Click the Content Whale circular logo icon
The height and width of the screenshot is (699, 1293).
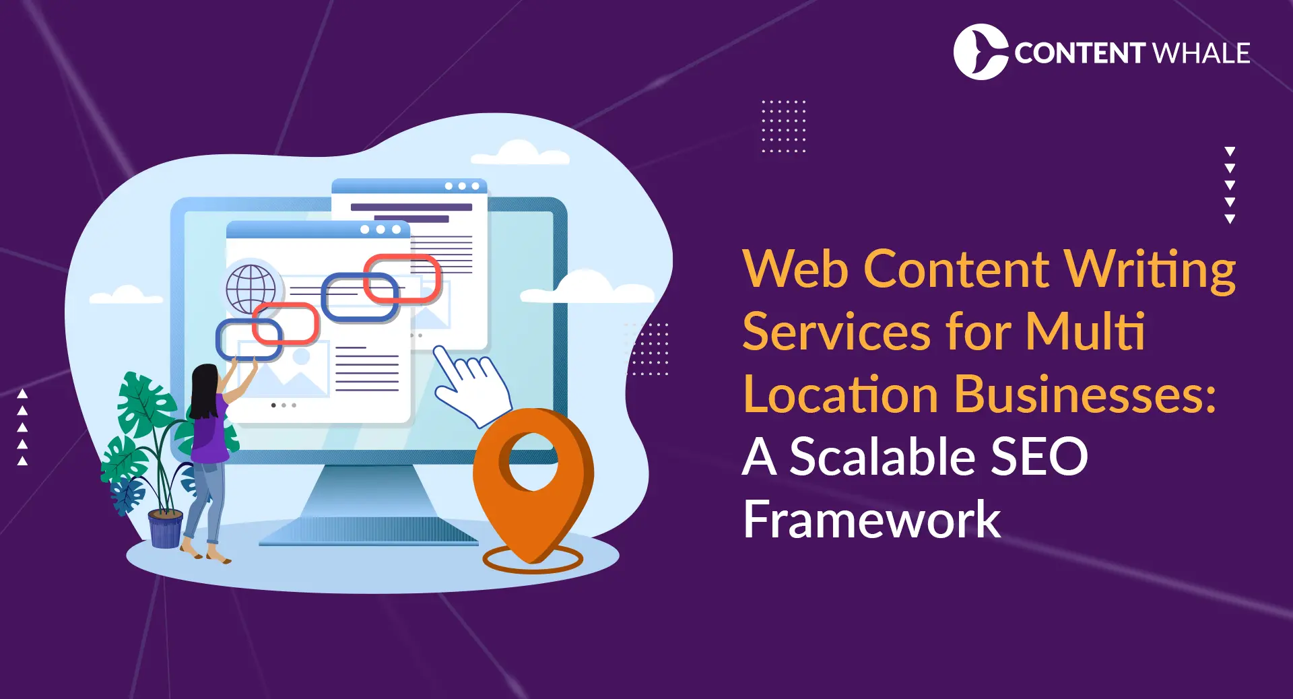pyautogui.click(x=980, y=52)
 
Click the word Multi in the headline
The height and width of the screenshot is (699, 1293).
pyautogui.click(x=1084, y=332)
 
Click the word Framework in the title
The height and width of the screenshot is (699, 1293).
pyautogui.click(x=871, y=519)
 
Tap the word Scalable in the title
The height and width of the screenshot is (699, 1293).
pyautogui.click(x=882, y=457)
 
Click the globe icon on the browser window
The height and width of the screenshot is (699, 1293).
pyautogui.click(x=251, y=289)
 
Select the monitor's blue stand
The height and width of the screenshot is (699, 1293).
pyautogui.click(x=367, y=505)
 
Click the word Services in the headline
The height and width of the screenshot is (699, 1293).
pyautogui.click(x=842, y=332)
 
